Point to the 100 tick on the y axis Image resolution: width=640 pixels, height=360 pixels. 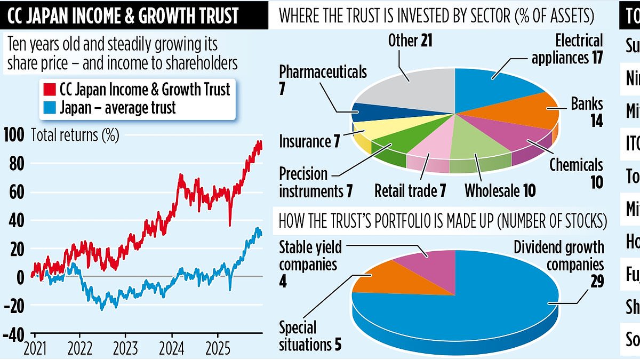pos(14,135)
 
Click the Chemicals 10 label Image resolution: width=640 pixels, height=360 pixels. pos(577,173)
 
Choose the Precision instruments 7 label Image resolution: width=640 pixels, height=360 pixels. pos(310,182)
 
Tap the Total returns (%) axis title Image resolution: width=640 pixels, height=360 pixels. pos(75,135)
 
